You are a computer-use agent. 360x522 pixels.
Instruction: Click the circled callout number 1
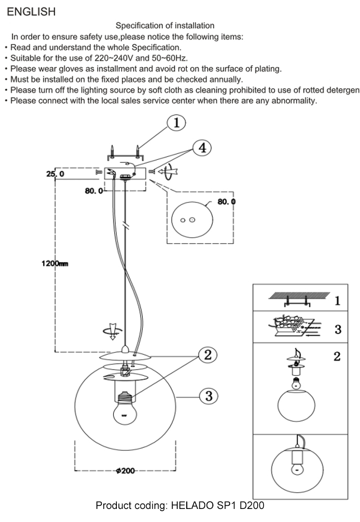click(x=176, y=123)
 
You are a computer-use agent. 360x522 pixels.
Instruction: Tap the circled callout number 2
click(x=207, y=355)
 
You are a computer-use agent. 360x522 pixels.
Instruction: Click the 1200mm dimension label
click(x=55, y=264)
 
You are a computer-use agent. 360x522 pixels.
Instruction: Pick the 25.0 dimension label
click(x=55, y=174)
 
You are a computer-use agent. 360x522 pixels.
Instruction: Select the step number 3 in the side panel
click(x=338, y=329)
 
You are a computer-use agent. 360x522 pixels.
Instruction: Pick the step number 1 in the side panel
click(x=337, y=301)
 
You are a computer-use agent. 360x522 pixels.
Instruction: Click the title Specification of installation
click(x=165, y=25)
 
